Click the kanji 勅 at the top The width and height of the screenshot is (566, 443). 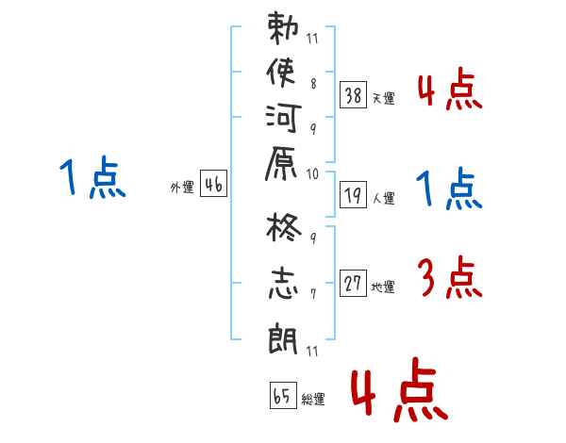pos(283,28)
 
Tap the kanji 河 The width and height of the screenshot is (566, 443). pos(283,118)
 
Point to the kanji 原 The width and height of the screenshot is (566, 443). pos(281,163)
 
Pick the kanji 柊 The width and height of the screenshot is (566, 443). pos(283,227)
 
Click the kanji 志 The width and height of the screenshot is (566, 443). pos(283,284)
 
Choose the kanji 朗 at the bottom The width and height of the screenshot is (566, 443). pos(283,337)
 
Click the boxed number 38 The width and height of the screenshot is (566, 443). pos(354,95)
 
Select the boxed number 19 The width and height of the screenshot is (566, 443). pos(354,195)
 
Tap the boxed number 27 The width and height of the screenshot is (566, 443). pos(354,283)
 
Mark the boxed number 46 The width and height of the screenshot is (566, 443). pos(214,183)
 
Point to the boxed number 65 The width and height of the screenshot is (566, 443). pos(283,395)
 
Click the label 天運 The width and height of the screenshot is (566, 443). pos(384,98)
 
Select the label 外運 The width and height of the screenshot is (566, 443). pos(182,188)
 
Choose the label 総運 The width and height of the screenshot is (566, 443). pos(313,399)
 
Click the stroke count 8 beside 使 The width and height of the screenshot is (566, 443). pos(314,84)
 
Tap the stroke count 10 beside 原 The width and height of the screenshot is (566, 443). pos(312,174)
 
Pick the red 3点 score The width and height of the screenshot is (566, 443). pos(450,277)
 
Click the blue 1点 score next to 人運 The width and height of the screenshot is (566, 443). pos(449,188)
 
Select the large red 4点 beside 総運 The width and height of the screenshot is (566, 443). pos(400,389)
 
